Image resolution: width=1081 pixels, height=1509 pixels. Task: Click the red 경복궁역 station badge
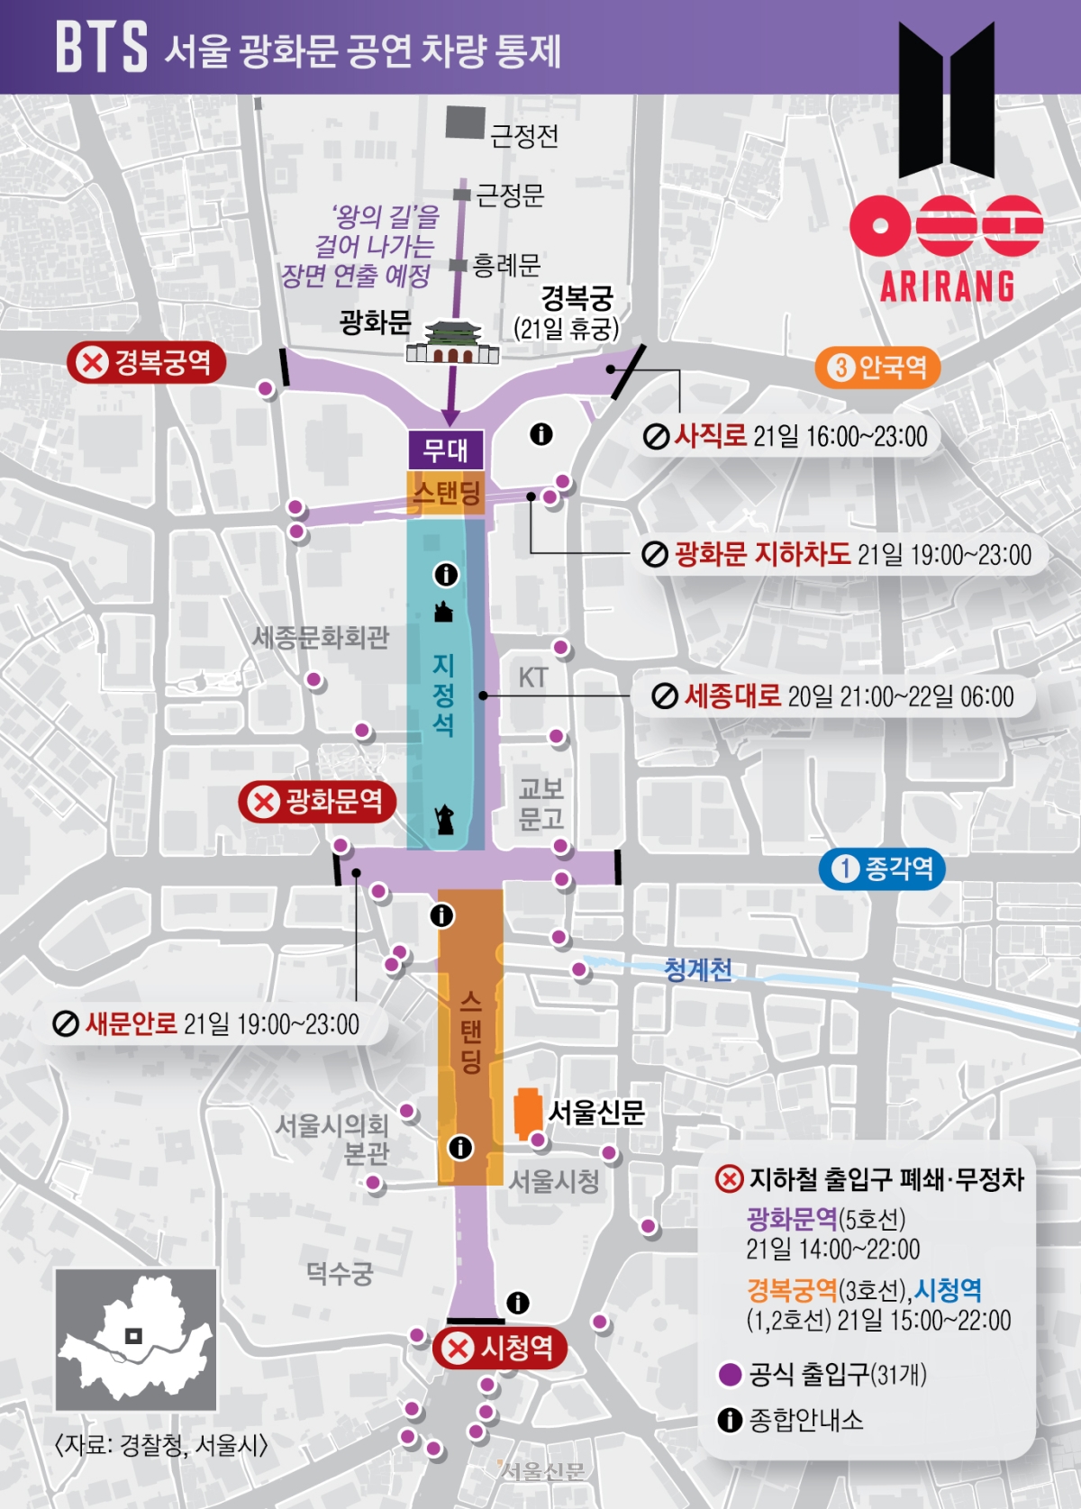click(x=146, y=363)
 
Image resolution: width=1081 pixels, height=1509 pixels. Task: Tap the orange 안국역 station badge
click(x=877, y=368)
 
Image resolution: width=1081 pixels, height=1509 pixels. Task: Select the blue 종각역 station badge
click(x=882, y=868)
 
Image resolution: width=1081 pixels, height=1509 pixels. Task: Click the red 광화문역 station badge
click(x=317, y=801)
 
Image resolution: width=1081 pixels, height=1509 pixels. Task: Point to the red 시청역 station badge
click(x=500, y=1348)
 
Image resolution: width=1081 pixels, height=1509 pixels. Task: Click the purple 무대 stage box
click(x=446, y=450)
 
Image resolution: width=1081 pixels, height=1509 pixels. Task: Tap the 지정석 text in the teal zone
click(x=443, y=695)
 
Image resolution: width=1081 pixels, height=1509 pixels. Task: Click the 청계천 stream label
click(x=698, y=970)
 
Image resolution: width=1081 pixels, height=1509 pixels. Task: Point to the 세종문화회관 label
click(x=321, y=638)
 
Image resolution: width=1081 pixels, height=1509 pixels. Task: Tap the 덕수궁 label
click(x=339, y=1273)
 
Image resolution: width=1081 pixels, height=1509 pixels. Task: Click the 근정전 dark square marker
click(x=465, y=123)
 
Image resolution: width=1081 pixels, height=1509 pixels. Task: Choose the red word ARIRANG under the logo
click(x=948, y=287)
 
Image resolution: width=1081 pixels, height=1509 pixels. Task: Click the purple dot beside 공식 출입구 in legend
click(x=730, y=1375)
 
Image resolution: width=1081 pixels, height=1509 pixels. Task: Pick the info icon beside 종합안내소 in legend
click(x=730, y=1420)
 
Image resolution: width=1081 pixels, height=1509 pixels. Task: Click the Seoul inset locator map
click(x=136, y=1339)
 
